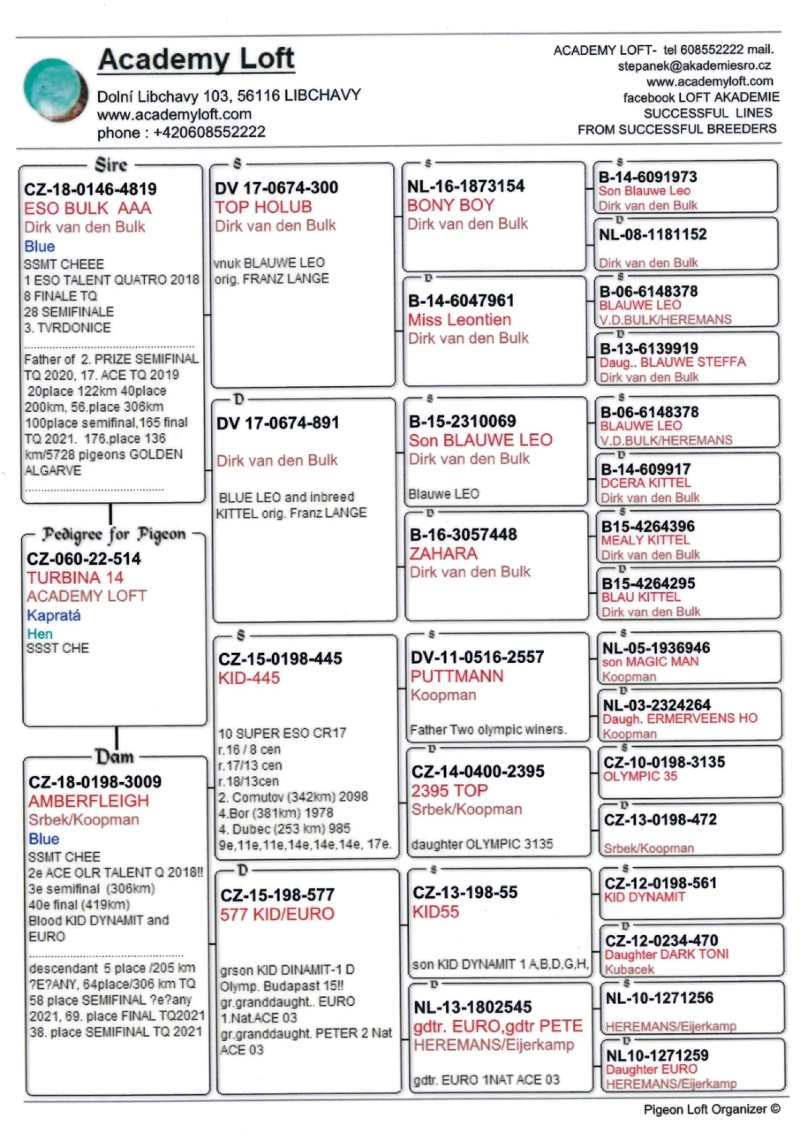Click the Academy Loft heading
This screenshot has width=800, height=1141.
click(196, 59)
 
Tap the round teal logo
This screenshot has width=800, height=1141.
click(55, 90)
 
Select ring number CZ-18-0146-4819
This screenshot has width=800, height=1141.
click(90, 189)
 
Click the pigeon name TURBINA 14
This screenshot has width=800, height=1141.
click(75, 577)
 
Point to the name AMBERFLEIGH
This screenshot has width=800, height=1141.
click(88, 800)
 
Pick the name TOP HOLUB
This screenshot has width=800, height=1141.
click(263, 207)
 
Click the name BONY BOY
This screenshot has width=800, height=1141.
click(450, 205)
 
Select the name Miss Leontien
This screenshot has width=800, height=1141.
click(459, 319)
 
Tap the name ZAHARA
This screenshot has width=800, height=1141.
click(443, 553)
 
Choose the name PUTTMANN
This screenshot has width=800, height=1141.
click(457, 676)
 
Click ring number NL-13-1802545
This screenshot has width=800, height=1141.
click(473, 1007)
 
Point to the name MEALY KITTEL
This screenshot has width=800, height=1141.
click(645, 540)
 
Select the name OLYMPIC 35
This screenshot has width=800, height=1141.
click(640, 776)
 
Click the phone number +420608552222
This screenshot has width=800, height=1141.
click(209, 132)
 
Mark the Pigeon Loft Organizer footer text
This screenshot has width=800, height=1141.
click(711, 1109)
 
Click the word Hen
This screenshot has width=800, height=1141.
click(39, 634)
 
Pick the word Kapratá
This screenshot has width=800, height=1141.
click(54, 615)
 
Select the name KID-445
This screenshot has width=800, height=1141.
click(249, 678)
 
